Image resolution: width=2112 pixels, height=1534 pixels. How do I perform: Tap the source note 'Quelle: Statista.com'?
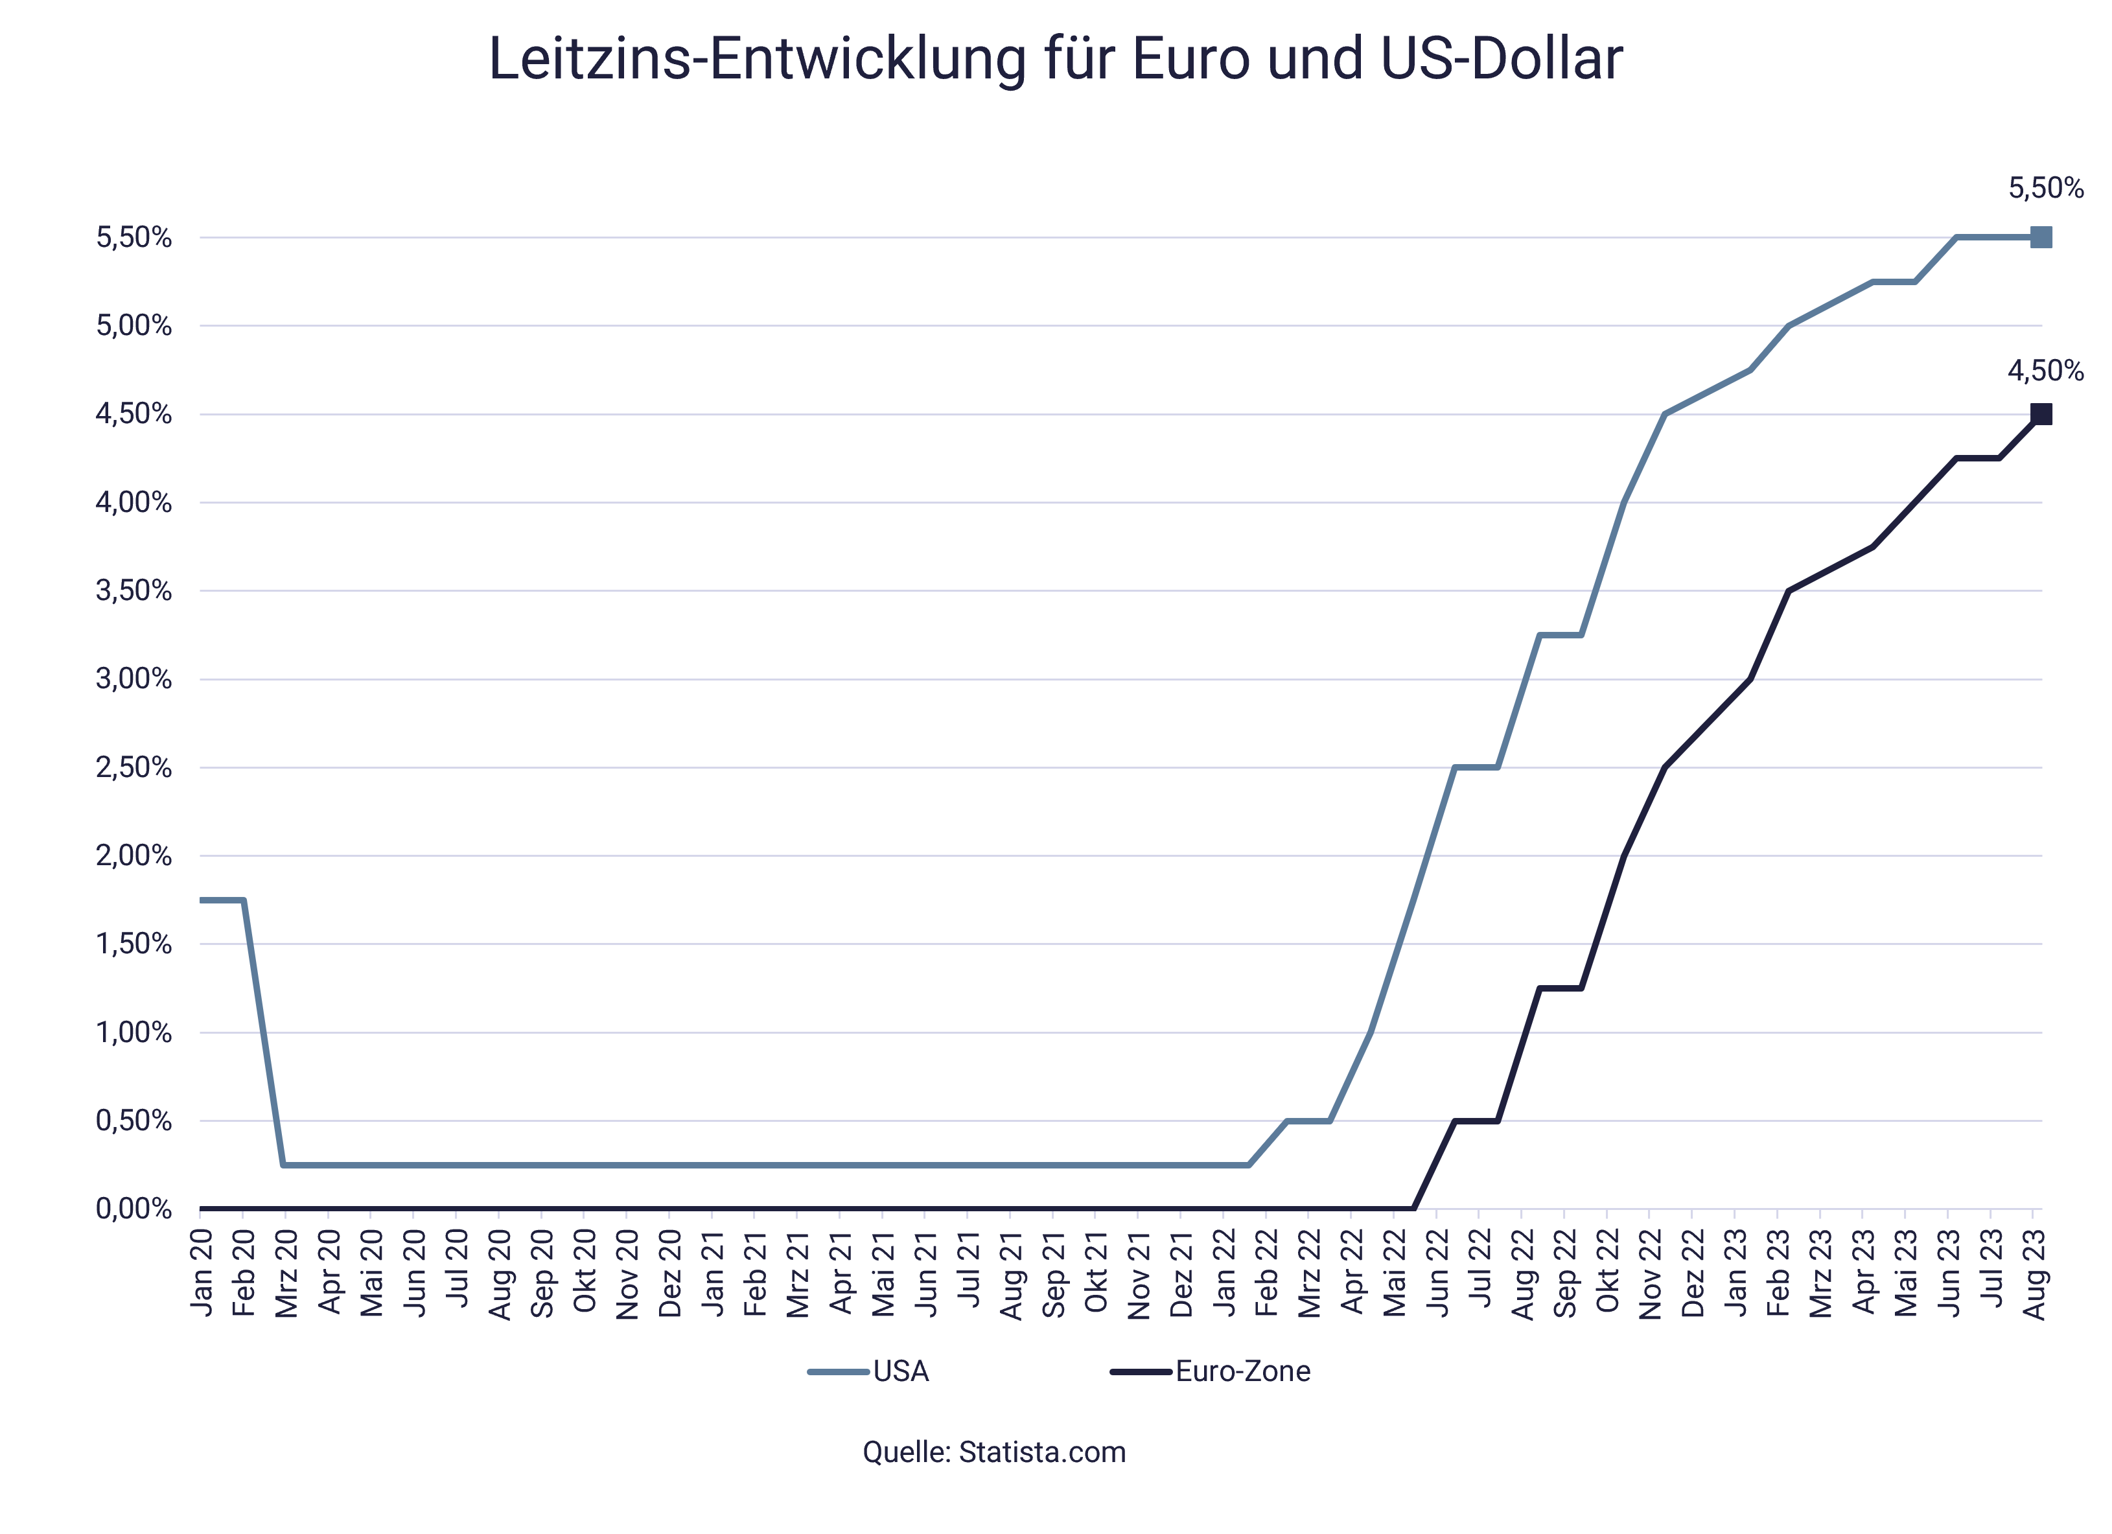993,1452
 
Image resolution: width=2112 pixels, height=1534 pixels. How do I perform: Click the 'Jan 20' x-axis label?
201,1273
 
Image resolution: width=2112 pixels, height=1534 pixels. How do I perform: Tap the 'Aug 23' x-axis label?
2035,1273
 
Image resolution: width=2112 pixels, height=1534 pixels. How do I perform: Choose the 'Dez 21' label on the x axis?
1181,1273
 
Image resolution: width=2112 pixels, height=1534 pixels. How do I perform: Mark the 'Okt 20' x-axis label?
585,1273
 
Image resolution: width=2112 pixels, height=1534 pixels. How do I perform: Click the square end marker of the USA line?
2040,237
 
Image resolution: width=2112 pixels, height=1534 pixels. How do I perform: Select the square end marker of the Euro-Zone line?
2040,415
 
